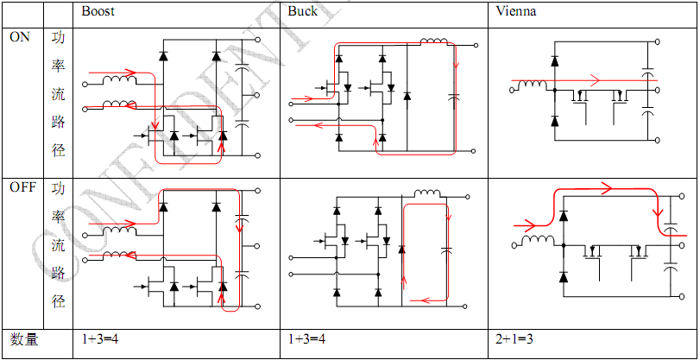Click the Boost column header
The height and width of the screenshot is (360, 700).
tap(98, 12)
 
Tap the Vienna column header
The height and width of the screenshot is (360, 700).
tap(516, 12)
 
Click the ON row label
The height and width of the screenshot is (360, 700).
tap(20, 38)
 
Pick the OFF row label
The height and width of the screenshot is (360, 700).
tap(22, 187)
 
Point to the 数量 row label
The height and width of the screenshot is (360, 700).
tap(24, 339)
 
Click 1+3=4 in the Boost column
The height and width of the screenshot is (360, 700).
tap(100, 339)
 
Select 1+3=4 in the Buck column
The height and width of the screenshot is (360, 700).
tap(306, 339)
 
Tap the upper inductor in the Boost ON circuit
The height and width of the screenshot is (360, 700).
tap(119, 82)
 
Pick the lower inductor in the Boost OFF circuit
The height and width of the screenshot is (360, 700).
tap(119, 254)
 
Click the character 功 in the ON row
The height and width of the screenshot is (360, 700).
tap(58, 38)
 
